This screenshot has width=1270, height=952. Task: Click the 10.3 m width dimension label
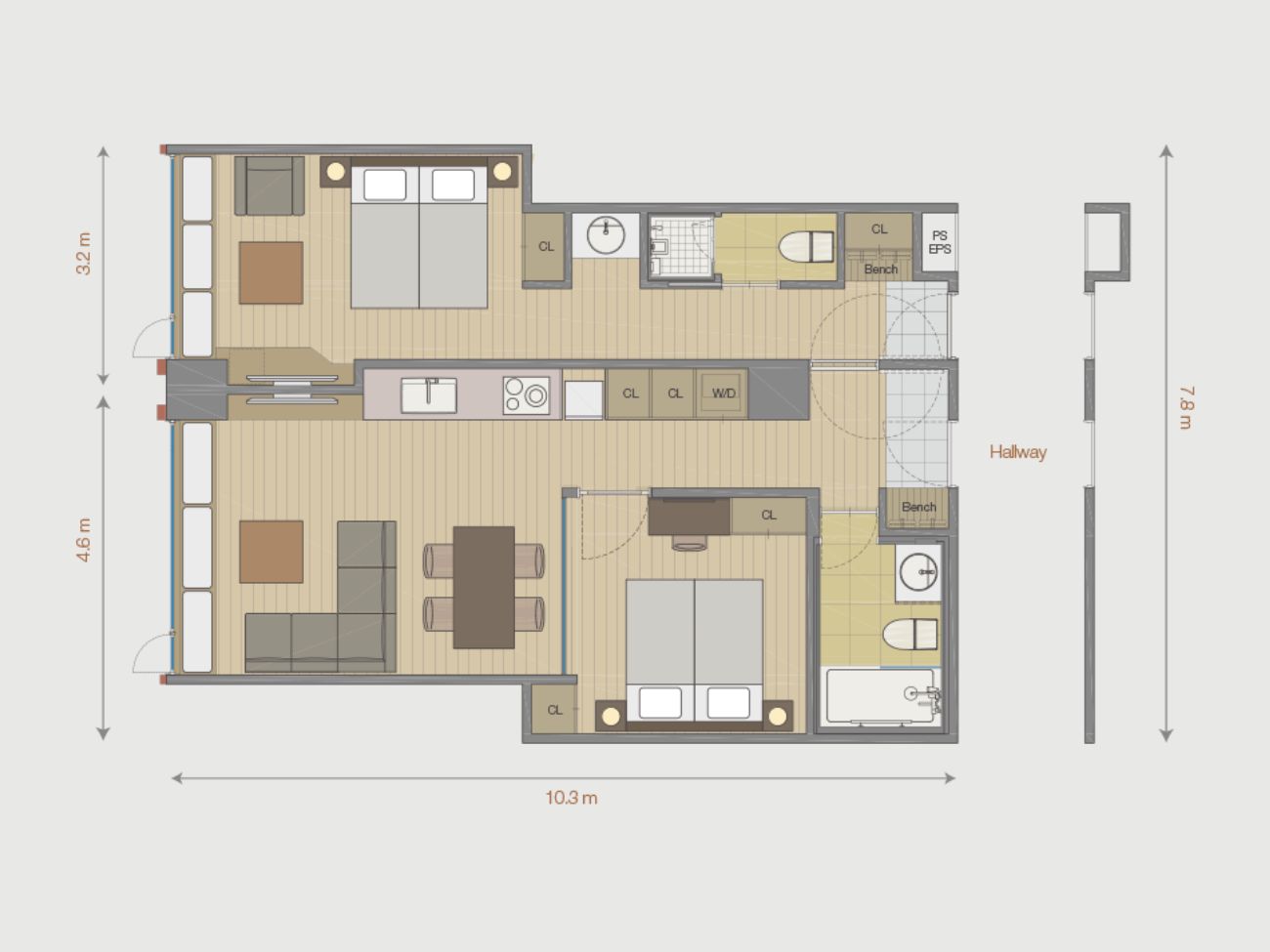[x=571, y=799]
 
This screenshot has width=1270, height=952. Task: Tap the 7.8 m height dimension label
[x=1186, y=407]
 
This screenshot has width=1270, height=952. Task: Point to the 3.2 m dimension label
[x=84, y=253]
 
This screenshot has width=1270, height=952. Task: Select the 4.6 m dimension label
[x=84, y=540]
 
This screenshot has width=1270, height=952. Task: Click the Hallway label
[x=1018, y=452]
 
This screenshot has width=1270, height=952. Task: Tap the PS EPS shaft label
[x=940, y=242]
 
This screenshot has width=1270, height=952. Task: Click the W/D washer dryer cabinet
[x=722, y=393]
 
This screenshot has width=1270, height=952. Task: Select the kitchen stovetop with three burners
[x=526, y=395]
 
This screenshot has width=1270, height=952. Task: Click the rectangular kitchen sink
[x=429, y=395]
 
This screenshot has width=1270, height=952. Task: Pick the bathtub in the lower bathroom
[x=881, y=695]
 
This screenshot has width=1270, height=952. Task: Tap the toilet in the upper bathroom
[x=806, y=247]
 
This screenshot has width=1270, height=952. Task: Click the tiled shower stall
[x=682, y=247]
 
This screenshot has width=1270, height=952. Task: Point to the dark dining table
[x=484, y=587]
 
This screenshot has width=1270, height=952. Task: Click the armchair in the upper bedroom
[x=270, y=186]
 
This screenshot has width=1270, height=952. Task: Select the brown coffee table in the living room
[x=272, y=552]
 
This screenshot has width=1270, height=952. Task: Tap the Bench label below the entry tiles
[x=919, y=507]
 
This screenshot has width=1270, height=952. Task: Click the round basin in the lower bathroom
[x=918, y=571]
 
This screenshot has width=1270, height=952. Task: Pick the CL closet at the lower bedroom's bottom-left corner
[x=554, y=709]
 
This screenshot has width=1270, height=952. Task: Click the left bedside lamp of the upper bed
[x=336, y=171]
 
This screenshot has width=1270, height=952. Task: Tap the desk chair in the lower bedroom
[x=689, y=543]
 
